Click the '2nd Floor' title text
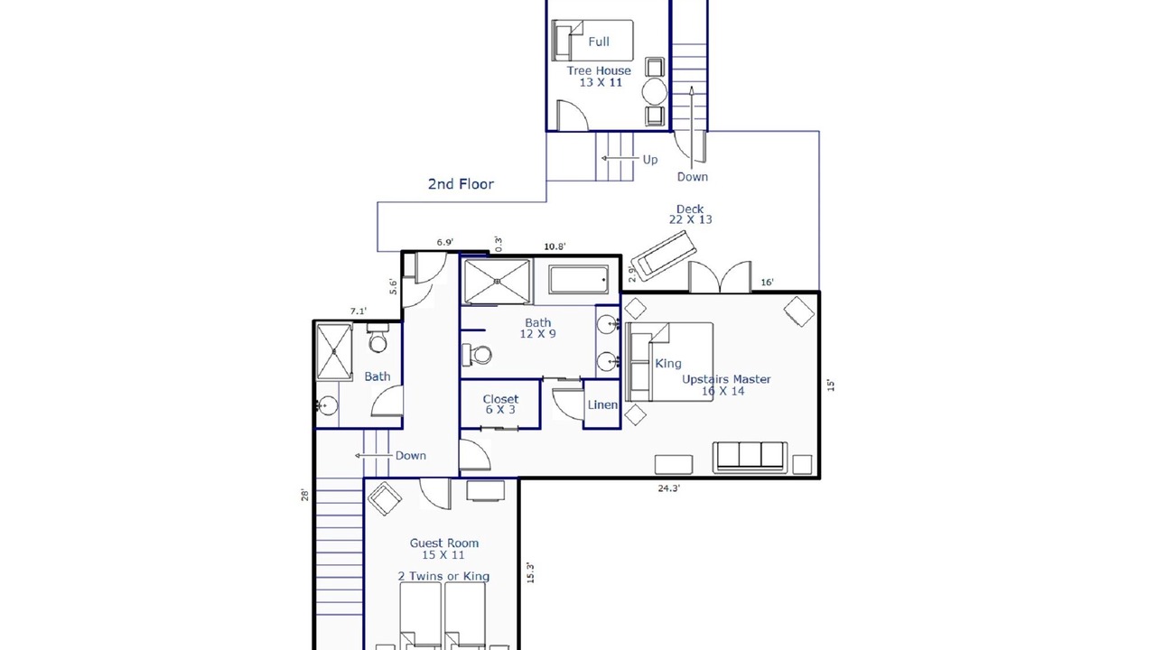coord(461,184)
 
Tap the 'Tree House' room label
coord(599,70)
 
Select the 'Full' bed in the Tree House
coord(592,41)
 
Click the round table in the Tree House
coord(655,91)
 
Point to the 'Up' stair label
coord(649,160)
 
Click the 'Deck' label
coord(690,209)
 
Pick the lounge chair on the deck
coord(664,255)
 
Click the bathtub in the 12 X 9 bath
coord(579,280)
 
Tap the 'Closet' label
coord(500,399)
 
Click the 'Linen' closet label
coord(602,405)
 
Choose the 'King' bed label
coord(668,364)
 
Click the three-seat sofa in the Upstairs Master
coord(750,457)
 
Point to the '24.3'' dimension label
coord(669,488)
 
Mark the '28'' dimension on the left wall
coord(305,496)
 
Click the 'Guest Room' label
coord(444,543)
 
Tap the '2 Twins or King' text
coord(443,576)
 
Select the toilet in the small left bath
coord(378,338)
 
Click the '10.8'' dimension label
coord(555,246)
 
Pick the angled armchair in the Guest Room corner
coord(385,498)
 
